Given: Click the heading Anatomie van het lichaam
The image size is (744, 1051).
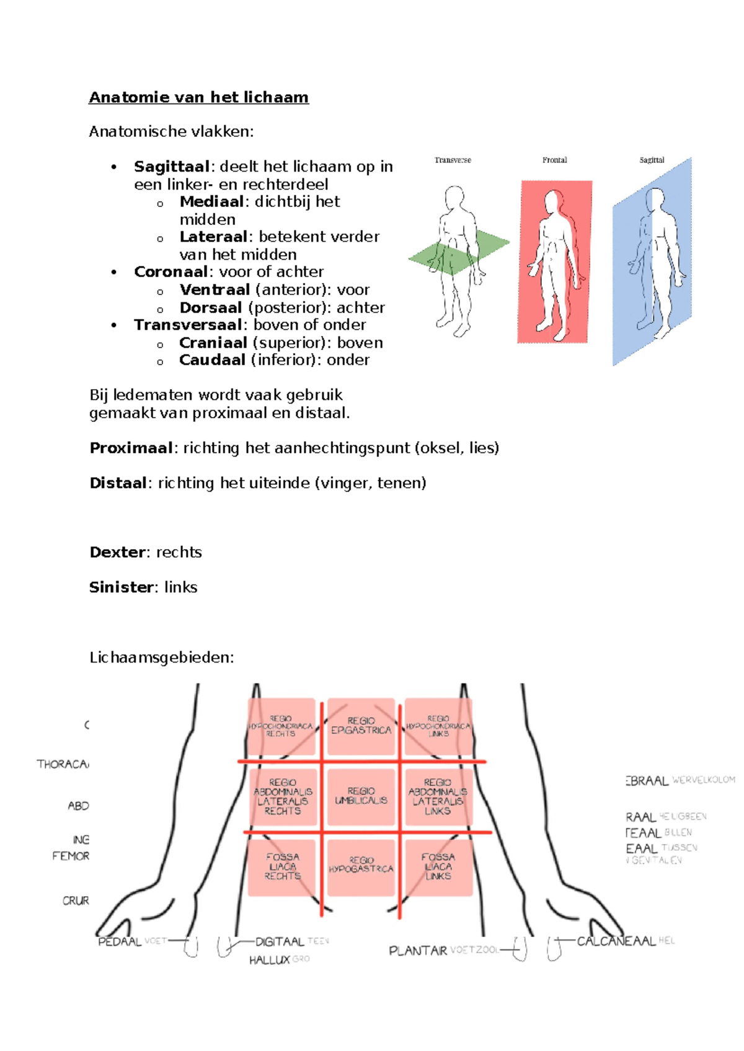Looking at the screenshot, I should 198,97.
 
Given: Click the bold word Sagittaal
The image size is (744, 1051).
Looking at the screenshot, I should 172,167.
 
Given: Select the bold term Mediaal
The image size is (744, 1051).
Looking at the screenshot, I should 211,202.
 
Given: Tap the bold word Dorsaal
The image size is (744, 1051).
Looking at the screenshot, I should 211,308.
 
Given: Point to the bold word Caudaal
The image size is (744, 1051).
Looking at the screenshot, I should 212,360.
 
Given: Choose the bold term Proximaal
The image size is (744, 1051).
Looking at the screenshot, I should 131,448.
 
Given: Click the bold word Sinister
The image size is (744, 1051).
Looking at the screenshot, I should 122,587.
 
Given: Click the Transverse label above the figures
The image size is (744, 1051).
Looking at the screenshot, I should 453,160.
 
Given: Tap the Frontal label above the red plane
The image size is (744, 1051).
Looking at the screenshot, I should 554,160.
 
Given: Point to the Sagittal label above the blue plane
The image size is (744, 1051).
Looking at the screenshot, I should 652,160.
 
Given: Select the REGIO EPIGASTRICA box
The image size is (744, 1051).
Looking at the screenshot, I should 361,726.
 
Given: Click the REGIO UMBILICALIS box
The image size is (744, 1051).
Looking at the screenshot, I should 361,796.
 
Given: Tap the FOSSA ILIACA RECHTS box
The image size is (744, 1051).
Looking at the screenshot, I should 283,866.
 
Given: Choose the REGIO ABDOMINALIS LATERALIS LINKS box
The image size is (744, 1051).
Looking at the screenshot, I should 438,796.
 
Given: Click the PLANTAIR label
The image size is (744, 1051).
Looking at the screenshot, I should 418,951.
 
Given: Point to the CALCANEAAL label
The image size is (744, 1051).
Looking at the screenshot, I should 616,941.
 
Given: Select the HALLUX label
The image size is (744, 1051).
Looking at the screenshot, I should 270,960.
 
